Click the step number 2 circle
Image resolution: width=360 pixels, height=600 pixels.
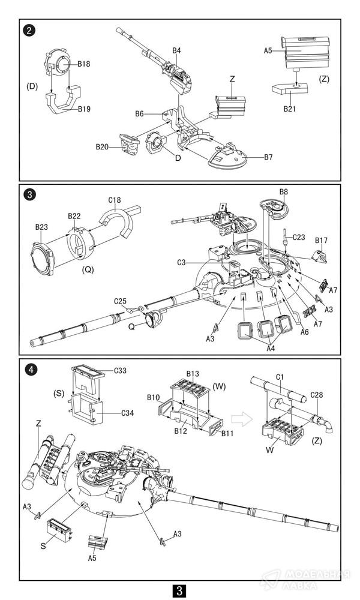click(x=29, y=30)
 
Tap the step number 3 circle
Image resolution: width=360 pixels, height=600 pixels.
click(x=30, y=195)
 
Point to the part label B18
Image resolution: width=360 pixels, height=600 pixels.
click(x=84, y=64)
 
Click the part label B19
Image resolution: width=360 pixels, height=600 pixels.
click(x=84, y=109)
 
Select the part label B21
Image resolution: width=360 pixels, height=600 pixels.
click(x=290, y=109)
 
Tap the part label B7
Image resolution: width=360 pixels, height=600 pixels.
click(x=268, y=157)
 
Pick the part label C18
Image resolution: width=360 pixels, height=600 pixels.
click(x=115, y=200)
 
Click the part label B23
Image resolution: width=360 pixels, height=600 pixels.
click(x=41, y=227)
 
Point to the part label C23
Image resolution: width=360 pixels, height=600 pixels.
click(x=299, y=237)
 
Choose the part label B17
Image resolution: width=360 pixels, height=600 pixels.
click(x=322, y=241)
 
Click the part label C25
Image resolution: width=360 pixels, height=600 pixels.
click(x=120, y=302)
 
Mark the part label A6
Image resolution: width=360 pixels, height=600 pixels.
click(x=304, y=332)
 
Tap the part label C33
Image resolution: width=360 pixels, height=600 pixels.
click(x=120, y=370)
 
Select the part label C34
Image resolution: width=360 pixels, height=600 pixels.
click(x=127, y=413)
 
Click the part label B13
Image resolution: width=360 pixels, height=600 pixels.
click(x=193, y=373)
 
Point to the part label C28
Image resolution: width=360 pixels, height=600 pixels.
click(x=316, y=395)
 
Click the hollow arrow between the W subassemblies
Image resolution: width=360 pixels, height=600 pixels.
click(x=242, y=419)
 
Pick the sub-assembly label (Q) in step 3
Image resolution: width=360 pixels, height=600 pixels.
click(x=88, y=269)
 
